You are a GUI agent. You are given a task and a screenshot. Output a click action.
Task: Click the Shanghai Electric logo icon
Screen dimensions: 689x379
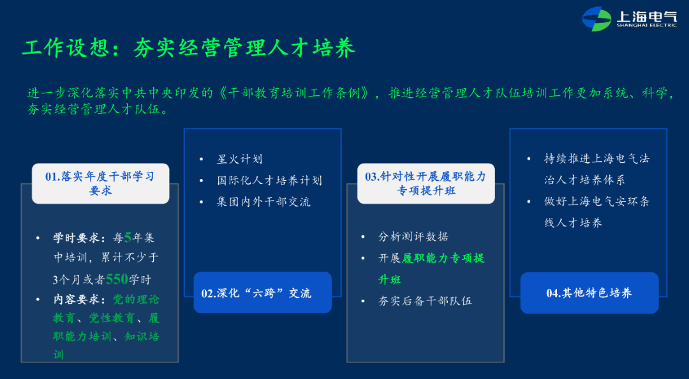point(596,19)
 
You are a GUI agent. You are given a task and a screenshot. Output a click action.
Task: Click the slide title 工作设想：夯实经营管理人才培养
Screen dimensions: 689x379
point(188,48)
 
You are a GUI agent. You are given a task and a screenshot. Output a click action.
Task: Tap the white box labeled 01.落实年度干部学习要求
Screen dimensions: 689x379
point(100,183)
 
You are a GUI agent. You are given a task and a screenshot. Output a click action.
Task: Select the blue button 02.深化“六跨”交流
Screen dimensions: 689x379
point(262,293)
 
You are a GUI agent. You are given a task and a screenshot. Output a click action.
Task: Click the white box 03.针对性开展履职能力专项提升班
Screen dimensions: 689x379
point(426,183)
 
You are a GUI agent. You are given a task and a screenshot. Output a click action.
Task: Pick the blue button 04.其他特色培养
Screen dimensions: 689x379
point(589,293)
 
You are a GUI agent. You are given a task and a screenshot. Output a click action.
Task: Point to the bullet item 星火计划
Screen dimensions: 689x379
point(239,159)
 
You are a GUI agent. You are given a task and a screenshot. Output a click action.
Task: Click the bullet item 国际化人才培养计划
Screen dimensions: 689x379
point(269,180)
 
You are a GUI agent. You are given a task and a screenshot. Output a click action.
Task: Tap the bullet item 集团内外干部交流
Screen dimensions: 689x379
point(263,202)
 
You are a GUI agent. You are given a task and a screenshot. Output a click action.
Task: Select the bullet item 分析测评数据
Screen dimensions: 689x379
point(413,237)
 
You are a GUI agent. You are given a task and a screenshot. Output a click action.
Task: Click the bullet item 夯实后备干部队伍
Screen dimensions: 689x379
point(426,301)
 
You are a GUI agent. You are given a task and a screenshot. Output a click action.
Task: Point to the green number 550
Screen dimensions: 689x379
point(117,279)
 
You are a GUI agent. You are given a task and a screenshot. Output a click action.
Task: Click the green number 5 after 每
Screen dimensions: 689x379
point(128,238)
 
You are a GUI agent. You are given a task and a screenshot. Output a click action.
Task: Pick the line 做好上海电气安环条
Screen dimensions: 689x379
point(597,201)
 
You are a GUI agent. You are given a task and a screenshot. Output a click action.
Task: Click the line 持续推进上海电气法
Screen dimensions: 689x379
point(597,159)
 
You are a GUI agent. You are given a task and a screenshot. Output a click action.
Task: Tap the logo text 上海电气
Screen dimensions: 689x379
point(646,17)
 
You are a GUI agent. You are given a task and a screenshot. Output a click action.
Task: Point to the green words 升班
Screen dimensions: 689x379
point(390,279)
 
